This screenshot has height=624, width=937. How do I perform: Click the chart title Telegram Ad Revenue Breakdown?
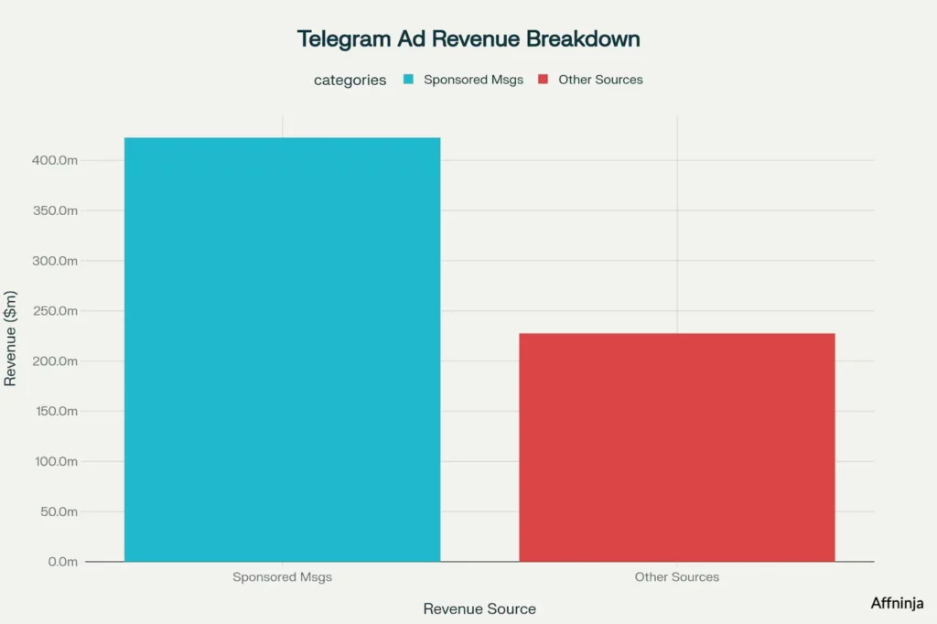pyautogui.click(x=468, y=38)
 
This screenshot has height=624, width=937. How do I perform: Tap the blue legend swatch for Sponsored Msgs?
pyautogui.click(x=407, y=80)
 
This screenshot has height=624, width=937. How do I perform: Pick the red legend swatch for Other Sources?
pyautogui.click(x=543, y=80)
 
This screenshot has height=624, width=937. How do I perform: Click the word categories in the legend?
pyautogui.click(x=350, y=80)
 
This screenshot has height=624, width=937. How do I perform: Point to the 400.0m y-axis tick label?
pyautogui.click(x=54, y=161)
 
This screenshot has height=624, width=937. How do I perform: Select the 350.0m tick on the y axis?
pyautogui.click(x=54, y=210)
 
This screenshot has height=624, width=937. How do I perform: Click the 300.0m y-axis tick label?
pyautogui.click(x=54, y=261)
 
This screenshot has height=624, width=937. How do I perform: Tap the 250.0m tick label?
pyautogui.click(x=54, y=311)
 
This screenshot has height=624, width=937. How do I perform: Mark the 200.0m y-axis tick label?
pyautogui.click(x=54, y=361)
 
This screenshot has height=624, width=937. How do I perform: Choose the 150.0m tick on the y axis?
pyautogui.click(x=54, y=411)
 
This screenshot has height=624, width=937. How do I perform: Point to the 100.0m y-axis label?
pyautogui.click(x=54, y=461)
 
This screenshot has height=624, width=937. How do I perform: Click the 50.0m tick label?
pyautogui.click(x=57, y=511)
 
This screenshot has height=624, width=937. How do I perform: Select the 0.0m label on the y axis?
pyautogui.click(x=60, y=562)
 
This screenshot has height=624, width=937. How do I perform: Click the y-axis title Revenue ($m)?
pyautogui.click(x=11, y=339)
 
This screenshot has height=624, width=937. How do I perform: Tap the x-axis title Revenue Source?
pyautogui.click(x=479, y=608)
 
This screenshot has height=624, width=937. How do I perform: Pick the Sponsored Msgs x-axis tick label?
pyautogui.click(x=282, y=577)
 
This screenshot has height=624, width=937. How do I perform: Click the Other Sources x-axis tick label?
pyautogui.click(x=677, y=577)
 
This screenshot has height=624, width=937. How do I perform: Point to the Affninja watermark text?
pyautogui.click(x=897, y=603)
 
